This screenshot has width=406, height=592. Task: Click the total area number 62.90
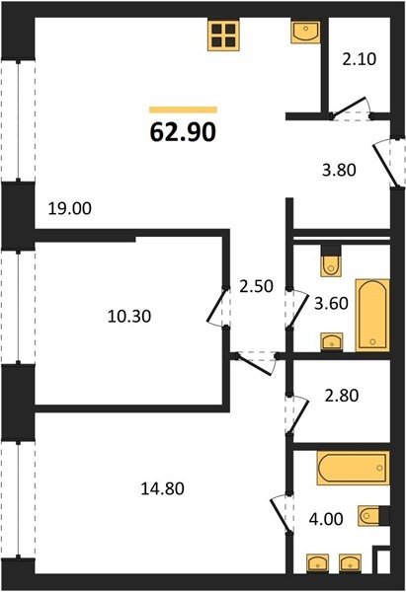pos(183,132)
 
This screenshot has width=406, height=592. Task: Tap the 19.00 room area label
pos(70,208)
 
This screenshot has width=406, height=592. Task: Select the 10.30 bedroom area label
pos(129,316)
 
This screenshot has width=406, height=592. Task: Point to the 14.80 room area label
pos(163,489)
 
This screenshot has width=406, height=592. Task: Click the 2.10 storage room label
pos(360,59)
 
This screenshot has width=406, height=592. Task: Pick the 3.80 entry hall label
pos(339,171)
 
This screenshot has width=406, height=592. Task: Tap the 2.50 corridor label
pos(256,286)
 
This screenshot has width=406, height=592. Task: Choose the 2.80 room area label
pos(342,396)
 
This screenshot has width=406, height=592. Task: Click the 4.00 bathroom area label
pos(326,519)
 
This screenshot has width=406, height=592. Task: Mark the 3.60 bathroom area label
pos(331,303)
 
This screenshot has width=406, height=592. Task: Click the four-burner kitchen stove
pos(223,35)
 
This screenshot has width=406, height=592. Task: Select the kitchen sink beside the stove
pos(305,32)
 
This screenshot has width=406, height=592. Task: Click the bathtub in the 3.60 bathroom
pos(372,316)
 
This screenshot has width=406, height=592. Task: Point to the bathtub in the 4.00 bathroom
pos(353,468)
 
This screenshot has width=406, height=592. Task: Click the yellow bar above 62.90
pos(183,110)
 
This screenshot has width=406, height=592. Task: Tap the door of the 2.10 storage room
pos(350,107)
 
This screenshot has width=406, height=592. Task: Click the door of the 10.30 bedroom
pos(217,306)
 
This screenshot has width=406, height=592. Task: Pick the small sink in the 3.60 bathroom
pos(332,342)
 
